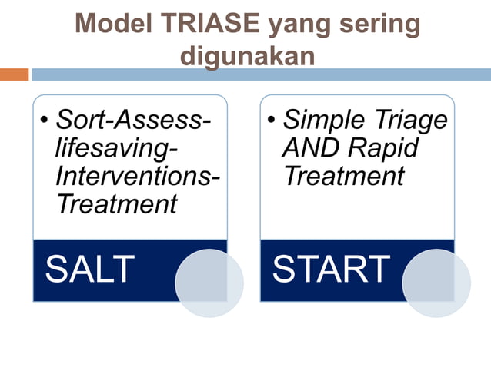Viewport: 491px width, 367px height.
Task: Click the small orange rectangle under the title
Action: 14,74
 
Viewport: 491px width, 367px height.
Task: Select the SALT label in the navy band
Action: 89,269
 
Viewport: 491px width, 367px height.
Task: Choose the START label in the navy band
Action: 331,269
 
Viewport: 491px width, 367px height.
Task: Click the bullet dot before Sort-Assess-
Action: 45,121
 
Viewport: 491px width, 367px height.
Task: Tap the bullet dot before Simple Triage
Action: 272,121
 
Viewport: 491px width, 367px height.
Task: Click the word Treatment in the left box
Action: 116,204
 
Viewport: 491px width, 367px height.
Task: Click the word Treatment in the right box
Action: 343,176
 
